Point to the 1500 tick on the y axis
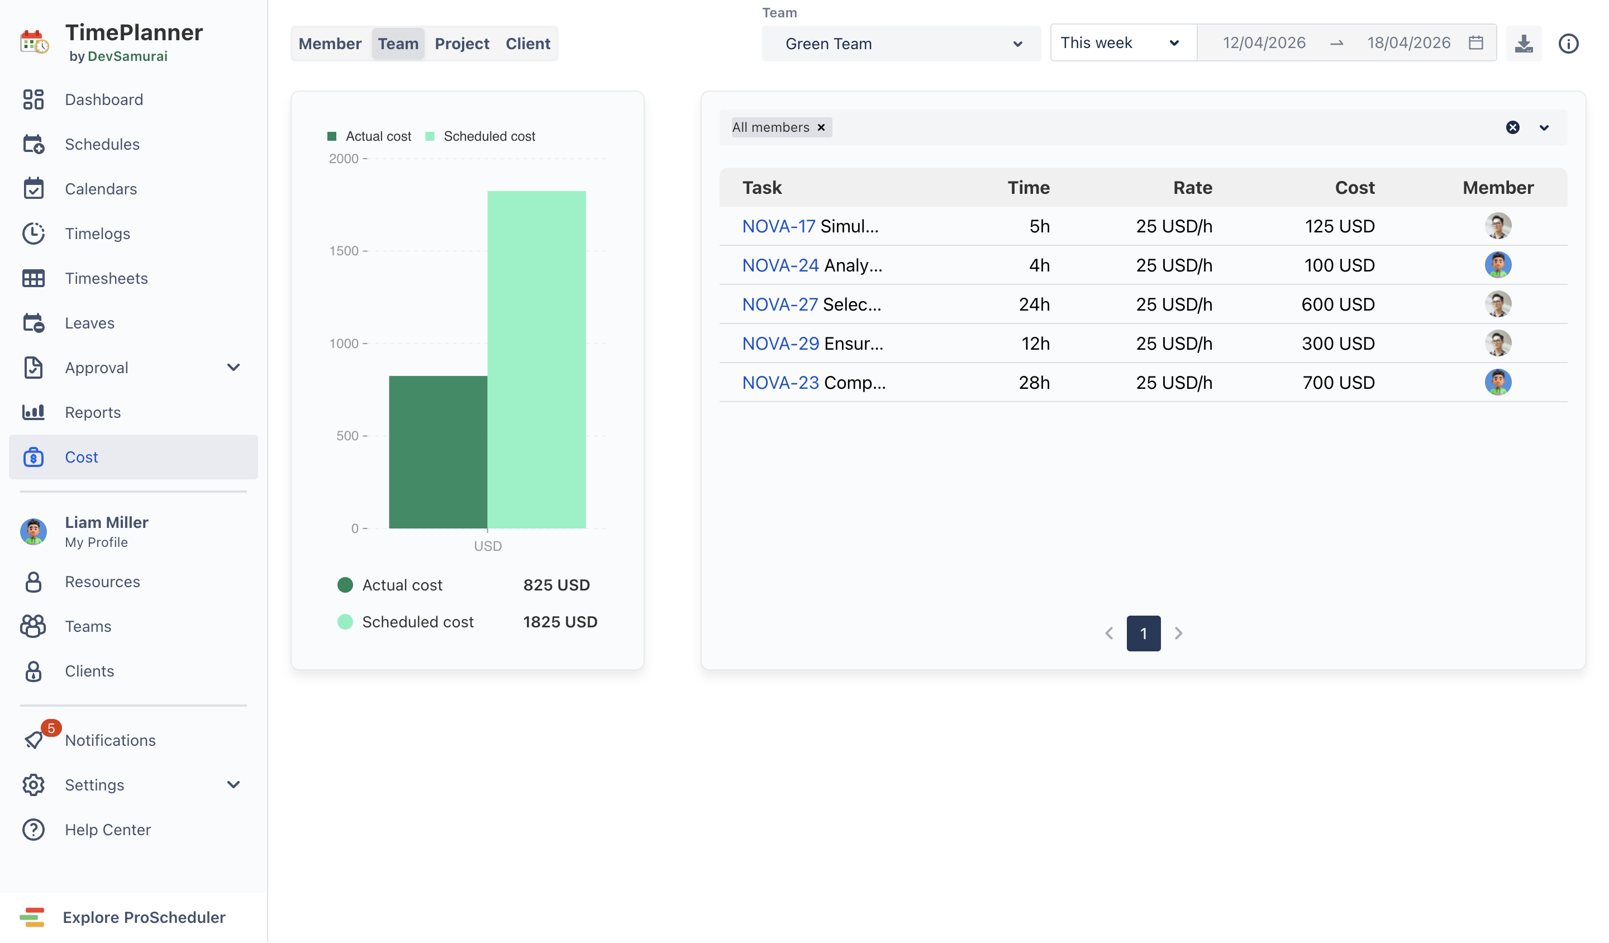(344, 251)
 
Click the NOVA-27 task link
(779, 304)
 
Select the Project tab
(461, 44)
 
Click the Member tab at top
(330, 44)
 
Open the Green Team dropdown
(901, 44)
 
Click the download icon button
(1524, 44)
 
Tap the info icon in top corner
(1568, 44)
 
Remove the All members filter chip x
(822, 128)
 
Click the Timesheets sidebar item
(106, 278)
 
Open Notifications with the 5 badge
(110, 741)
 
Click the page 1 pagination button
(1144, 634)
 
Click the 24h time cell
(1034, 304)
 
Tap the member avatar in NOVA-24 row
(1498, 265)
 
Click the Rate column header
(1192, 188)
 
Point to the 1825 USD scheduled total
(560, 622)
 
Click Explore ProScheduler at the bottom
(144, 918)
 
